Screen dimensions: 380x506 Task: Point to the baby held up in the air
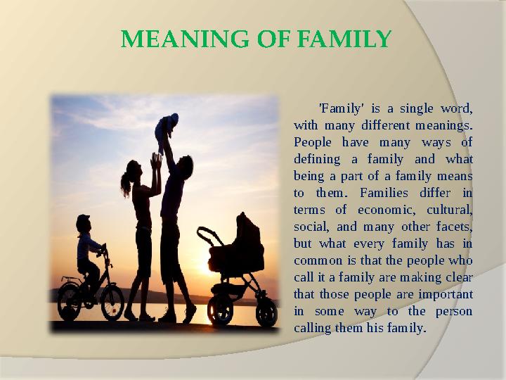167,129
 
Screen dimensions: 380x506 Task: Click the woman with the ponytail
141,225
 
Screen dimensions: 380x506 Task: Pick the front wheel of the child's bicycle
112,301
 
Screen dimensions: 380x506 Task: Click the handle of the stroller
205,232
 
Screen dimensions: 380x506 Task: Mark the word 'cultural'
448,210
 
